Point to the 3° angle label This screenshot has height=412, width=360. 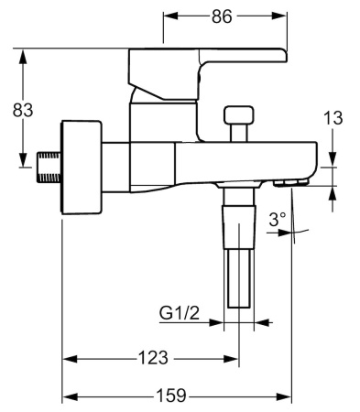tap(278, 220)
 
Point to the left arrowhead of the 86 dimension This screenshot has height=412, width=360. tap(169, 16)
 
